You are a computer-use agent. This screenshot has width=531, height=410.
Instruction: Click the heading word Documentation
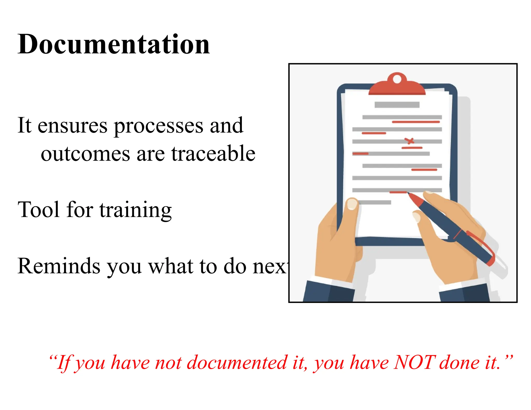click(114, 45)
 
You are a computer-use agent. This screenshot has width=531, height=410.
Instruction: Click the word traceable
click(213, 153)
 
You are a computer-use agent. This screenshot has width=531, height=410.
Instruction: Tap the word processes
click(159, 126)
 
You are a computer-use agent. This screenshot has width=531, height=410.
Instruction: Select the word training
click(135, 210)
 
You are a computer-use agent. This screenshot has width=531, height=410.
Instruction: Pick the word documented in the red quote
click(237, 362)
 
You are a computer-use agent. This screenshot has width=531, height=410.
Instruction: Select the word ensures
click(72, 126)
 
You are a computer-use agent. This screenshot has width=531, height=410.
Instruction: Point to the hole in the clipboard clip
click(397, 79)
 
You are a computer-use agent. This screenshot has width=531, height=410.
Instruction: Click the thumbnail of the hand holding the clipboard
click(352, 204)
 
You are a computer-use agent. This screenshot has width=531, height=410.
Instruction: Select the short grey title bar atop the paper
click(397, 105)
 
